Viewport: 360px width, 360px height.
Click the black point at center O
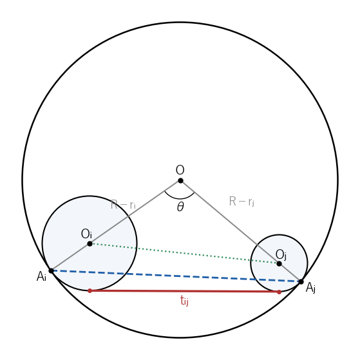tap(180, 181)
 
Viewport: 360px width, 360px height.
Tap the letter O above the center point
tap(180, 170)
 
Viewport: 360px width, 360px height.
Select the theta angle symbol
tap(180, 207)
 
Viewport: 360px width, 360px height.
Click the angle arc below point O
tap(180, 198)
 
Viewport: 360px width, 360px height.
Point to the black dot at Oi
tap(90, 244)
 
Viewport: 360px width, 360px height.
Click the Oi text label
tap(86, 234)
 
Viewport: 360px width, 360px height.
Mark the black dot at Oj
tap(279, 264)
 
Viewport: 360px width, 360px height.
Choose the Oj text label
tap(281, 255)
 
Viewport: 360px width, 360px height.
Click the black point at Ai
tap(52, 271)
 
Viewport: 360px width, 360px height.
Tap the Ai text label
tap(42, 276)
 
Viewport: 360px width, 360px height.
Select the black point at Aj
tap(301, 281)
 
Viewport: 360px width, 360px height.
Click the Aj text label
tap(310, 288)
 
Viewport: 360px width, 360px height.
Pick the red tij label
tap(184, 301)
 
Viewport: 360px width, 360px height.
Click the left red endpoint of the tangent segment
tap(90, 291)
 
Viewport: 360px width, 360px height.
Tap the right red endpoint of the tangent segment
tap(279, 292)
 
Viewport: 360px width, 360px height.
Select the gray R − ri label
tap(123, 205)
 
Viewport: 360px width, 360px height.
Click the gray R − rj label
tap(242, 202)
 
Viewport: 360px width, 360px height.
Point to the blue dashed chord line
tap(176, 276)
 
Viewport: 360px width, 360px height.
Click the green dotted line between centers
tap(184, 254)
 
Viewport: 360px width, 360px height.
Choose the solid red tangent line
tap(184, 291)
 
